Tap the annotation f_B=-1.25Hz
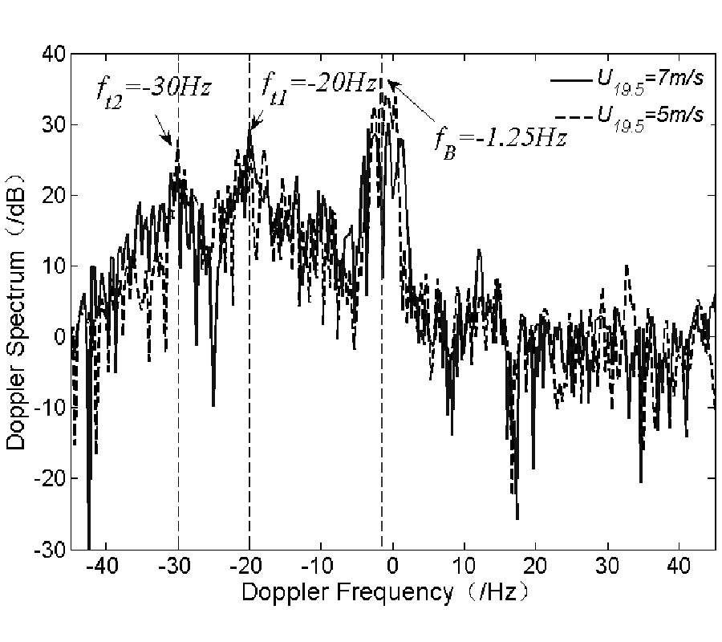(501, 138)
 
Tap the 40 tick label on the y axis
(52, 54)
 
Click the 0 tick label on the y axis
(59, 337)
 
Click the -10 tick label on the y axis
(49, 408)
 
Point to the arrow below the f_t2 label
(164, 126)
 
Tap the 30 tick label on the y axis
(52, 124)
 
